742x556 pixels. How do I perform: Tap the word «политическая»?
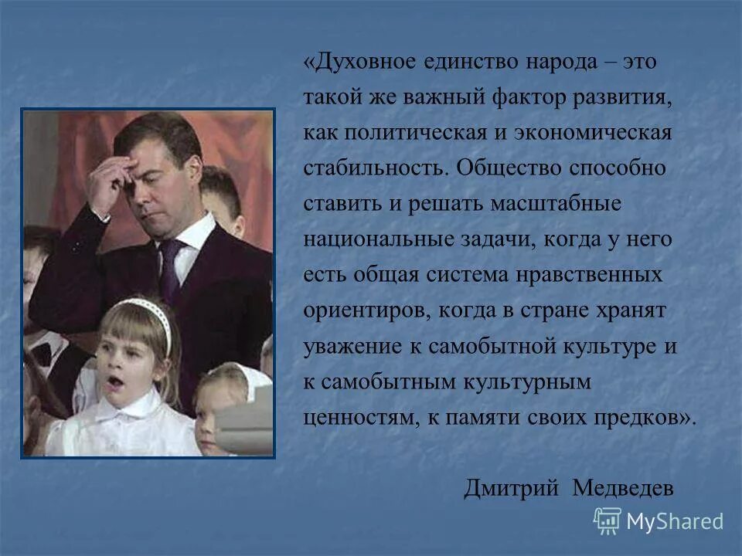point(410,134)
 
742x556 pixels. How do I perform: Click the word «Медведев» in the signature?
point(623,489)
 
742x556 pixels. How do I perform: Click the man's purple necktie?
point(171,266)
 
